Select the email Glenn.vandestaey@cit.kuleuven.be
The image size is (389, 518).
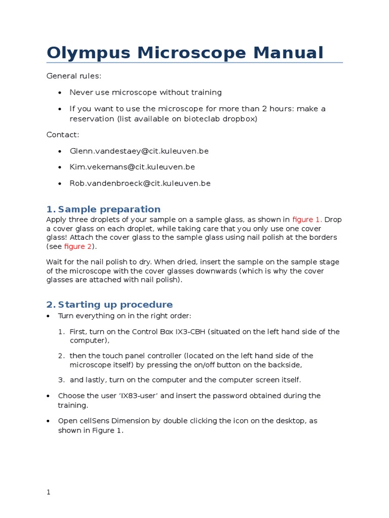[x=139, y=151]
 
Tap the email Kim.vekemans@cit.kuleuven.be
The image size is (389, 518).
[x=132, y=167]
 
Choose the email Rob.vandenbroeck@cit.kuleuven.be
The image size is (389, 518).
[x=140, y=183]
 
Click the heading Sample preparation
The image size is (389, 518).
[x=109, y=209]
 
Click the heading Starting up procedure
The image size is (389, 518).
[x=115, y=304]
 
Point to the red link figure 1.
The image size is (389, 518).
[x=307, y=220]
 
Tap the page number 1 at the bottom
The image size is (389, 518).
[x=49, y=493]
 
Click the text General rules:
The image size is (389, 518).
[x=74, y=76]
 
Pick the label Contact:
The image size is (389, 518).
[x=63, y=135]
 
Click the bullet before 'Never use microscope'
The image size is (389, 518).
[x=60, y=93]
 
